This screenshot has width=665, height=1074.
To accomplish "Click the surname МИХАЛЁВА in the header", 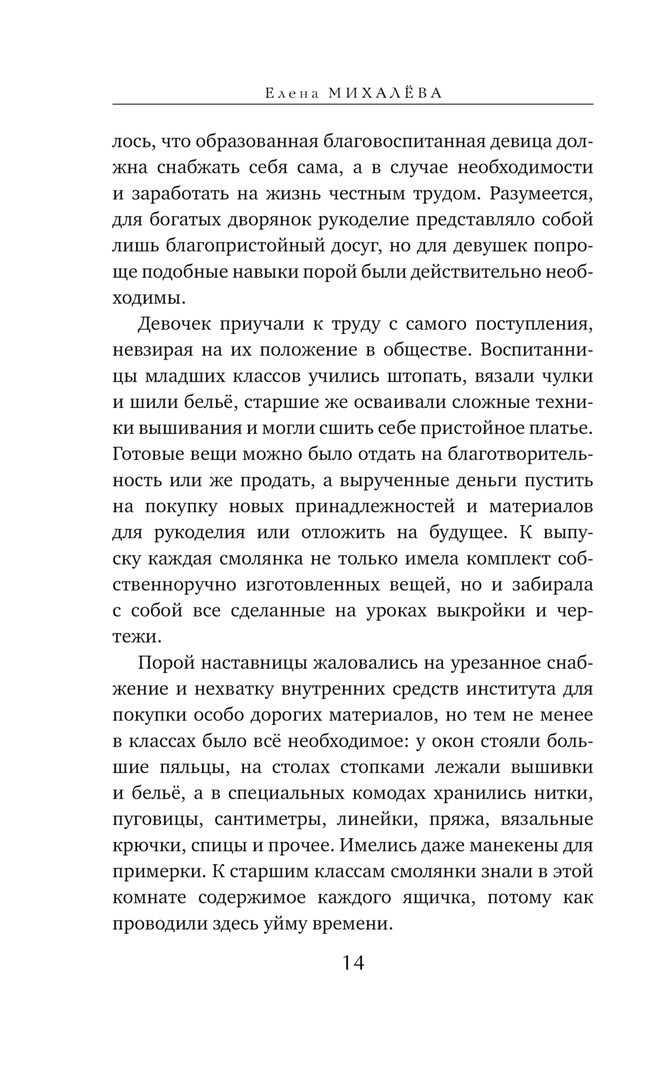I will (385, 94).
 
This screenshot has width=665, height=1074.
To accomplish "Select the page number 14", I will (353, 963).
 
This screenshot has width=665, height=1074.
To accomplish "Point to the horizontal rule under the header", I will (353, 104).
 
